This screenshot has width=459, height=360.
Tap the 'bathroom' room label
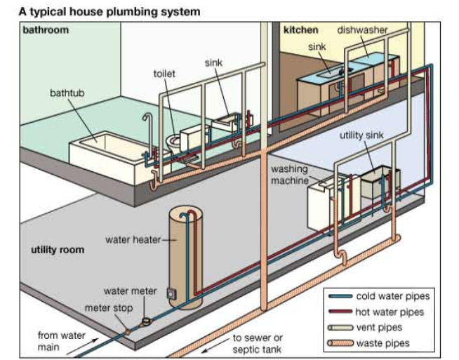pos(46,30)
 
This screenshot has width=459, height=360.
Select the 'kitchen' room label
pos(300,30)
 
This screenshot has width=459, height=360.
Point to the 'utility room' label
pos(58,250)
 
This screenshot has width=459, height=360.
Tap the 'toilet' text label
pos(165,73)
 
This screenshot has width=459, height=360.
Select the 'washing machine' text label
pos(290,175)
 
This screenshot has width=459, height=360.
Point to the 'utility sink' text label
pos(362,135)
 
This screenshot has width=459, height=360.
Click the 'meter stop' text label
pos(108,307)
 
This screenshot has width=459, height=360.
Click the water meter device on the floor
pos(146,320)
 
